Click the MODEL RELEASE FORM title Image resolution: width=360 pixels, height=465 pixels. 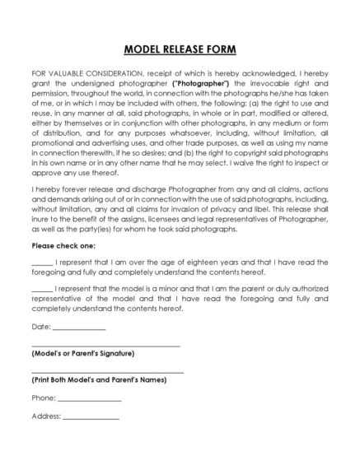180,49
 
